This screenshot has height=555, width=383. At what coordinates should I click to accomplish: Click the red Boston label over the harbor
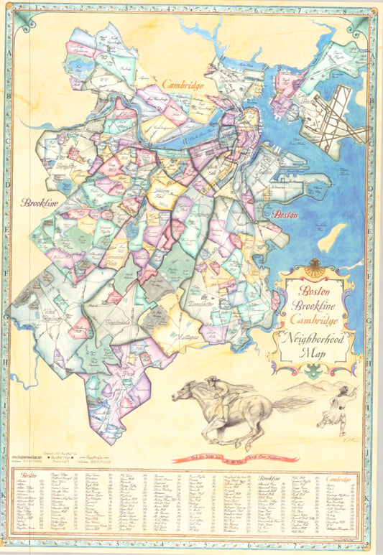284,214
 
